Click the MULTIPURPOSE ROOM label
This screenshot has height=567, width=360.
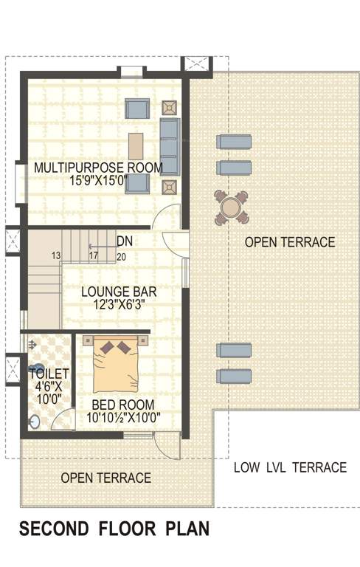[98, 168]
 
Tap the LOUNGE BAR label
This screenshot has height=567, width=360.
[118, 292]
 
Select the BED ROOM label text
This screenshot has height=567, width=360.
[123, 405]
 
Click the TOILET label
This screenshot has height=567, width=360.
[49, 374]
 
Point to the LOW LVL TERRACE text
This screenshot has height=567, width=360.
[290, 467]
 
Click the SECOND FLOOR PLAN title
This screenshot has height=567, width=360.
[114, 529]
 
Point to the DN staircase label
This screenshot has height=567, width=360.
[125, 241]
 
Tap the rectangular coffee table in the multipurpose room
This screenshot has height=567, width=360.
[136, 145]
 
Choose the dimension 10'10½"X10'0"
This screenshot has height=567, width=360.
[123, 418]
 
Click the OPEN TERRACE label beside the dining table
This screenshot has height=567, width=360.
[290, 242]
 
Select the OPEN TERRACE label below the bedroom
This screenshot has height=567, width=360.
[106, 478]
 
